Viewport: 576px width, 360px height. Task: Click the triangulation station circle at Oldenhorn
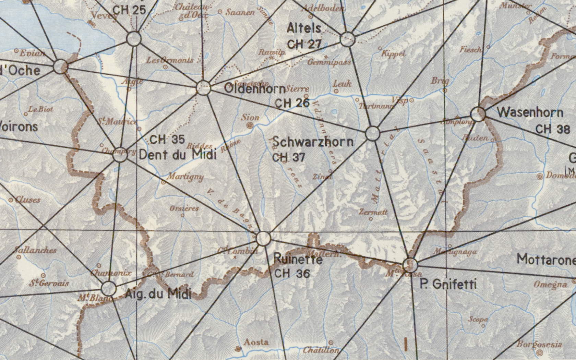click(x=203, y=88)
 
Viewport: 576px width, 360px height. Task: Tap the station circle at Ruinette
click(x=263, y=238)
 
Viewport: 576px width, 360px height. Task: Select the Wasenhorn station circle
click(x=478, y=114)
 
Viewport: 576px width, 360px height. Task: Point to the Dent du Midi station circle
click(x=120, y=155)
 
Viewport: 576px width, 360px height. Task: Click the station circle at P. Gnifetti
click(x=410, y=264)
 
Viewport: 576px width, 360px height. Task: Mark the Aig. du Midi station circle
click(x=109, y=289)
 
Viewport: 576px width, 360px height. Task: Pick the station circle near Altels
click(x=347, y=39)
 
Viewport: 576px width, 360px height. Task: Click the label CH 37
click(x=288, y=157)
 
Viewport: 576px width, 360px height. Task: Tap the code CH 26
click(x=292, y=103)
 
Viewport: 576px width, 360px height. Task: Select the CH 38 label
click(x=552, y=129)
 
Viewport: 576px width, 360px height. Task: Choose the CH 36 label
click(x=292, y=273)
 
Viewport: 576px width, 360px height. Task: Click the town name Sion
click(x=250, y=118)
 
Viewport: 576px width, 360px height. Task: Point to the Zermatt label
click(x=373, y=212)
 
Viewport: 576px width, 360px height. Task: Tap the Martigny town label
click(x=185, y=177)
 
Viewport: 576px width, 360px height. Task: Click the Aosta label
click(x=256, y=342)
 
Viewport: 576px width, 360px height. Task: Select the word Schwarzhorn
click(x=313, y=142)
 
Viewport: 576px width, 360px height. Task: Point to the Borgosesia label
click(x=539, y=344)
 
